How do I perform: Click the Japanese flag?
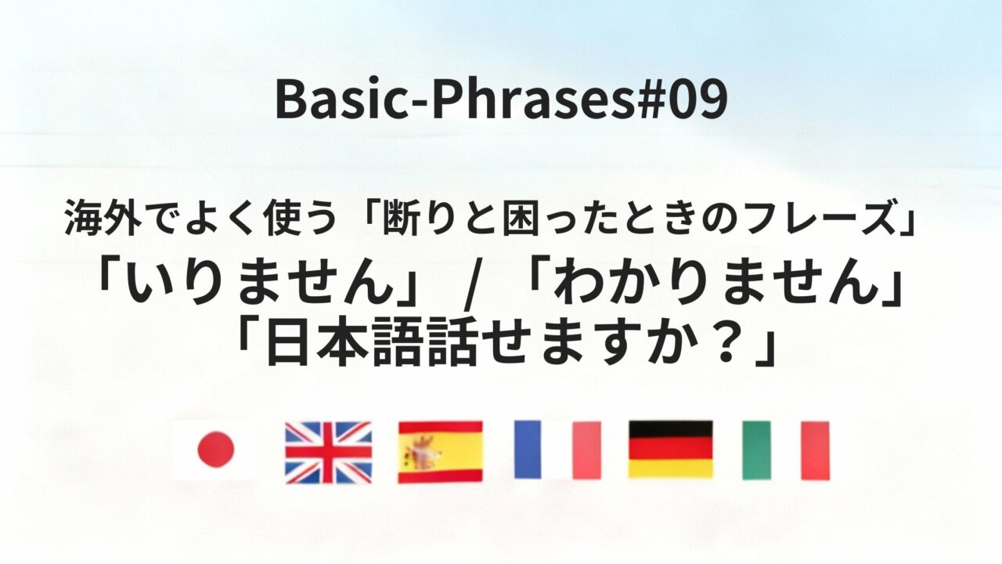[x=214, y=450]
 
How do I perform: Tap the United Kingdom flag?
[x=328, y=451]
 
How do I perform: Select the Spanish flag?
[x=440, y=451]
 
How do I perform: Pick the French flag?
[x=557, y=450]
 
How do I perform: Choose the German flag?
[x=670, y=450]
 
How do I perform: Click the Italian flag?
[x=785, y=450]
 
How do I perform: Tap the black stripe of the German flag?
[x=670, y=429]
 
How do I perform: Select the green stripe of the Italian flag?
[x=756, y=450]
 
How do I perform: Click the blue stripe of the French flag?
[x=528, y=450]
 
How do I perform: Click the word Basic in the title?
[x=328, y=101]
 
